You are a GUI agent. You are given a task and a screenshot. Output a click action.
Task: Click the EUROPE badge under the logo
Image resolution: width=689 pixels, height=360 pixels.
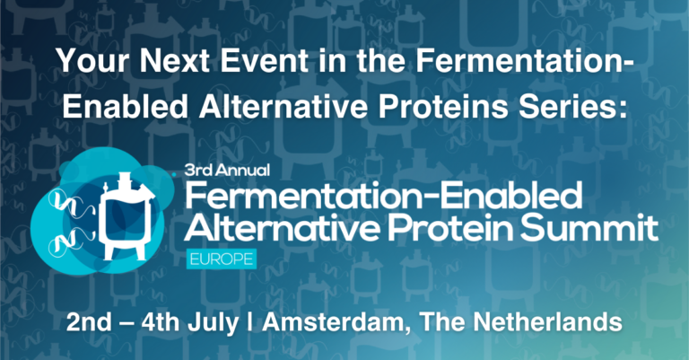click(x=220, y=259)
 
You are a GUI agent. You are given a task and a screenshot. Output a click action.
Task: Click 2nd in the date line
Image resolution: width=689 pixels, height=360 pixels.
click(x=91, y=320)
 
